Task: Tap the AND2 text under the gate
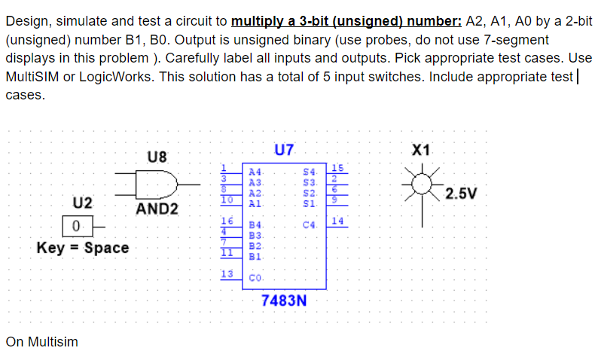point(156,209)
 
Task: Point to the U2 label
point(82,203)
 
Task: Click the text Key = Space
point(82,248)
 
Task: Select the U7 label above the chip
point(284,150)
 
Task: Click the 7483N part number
point(284,301)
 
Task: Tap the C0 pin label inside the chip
point(256,277)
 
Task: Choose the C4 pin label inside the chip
point(308,224)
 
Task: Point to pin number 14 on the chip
point(337,221)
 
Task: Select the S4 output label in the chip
point(307,172)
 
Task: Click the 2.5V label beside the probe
point(460,194)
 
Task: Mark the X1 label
point(423,150)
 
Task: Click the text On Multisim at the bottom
point(41,342)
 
